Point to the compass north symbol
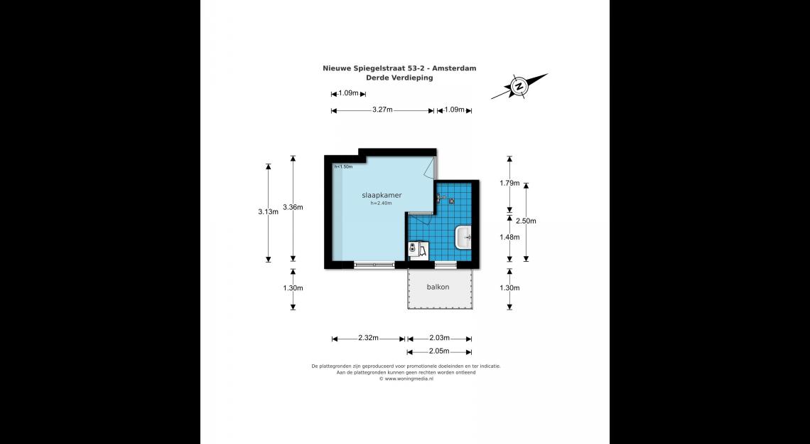click(x=519, y=87)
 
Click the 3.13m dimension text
click(x=268, y=211)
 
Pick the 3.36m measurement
click(x=293, y=207)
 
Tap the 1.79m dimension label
click(x=509, y=183)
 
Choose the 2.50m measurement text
click(x=526, y=221)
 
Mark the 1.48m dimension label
click(x=509, y=237)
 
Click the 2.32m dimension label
click(x=368, y=339)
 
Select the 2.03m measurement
click(x=440, y=339)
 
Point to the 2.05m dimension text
click(x=440, y=351)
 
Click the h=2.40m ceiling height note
click(x=381, y=203)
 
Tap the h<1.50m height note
click(x=343, y=167)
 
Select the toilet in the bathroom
click(x=414, y=249)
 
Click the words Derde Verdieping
click(x=399, y=78)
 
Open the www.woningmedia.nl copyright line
click(x=406, y=379)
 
